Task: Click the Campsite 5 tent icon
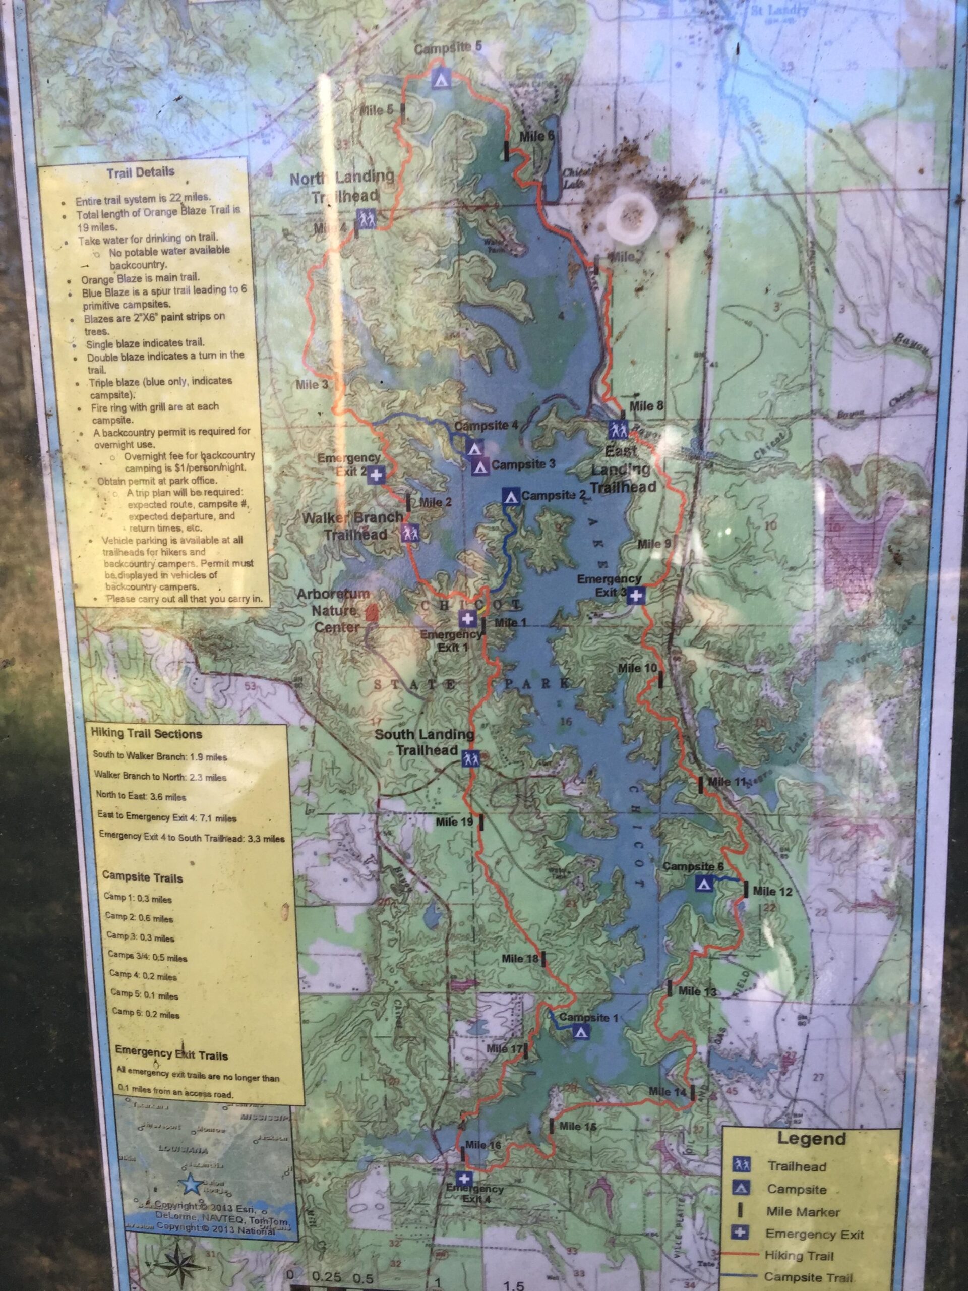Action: (441, 78)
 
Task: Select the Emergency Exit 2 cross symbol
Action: (376, 475)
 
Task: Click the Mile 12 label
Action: (772, 891)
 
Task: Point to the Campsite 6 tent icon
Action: (704, 883)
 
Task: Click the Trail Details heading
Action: (140, 172)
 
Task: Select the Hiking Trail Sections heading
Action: (146, 734)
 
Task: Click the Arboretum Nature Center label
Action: (334, 611)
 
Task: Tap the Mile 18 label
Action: (520, 958)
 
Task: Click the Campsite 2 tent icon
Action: (511, 497)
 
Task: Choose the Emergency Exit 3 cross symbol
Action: (637, 595)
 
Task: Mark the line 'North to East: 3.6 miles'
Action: (140, 797)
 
